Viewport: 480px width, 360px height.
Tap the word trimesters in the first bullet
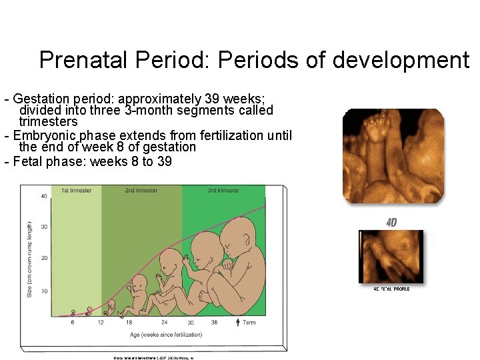coord(48,122)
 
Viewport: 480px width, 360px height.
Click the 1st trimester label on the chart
coord(76,191)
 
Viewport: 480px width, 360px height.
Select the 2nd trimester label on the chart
coord(141,191)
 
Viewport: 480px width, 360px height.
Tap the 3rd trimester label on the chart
coord(223,191)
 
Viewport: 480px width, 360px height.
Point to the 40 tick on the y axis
coord(43,196)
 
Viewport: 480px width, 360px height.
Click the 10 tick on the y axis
coord(43,291)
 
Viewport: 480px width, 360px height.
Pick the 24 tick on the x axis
coord(164,322)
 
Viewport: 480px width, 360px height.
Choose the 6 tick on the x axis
coord(72,322)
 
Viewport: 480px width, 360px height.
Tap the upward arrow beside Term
coord(239,323)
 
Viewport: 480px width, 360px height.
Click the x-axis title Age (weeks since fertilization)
coord(155,335)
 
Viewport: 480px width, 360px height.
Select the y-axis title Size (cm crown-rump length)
coord(29,259)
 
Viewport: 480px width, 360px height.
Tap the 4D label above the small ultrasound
coord(391,223)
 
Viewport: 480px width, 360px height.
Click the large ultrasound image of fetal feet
coord(393,155)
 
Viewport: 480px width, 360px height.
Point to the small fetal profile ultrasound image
coord(391,257)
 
